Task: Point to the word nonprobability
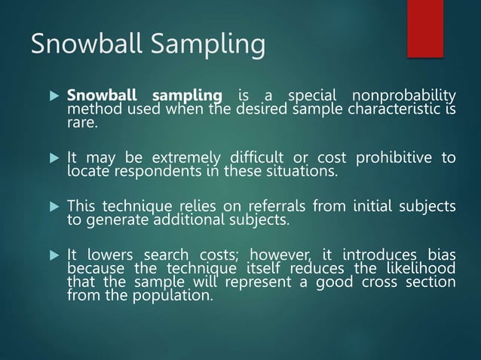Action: click(x=404, y=96)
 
